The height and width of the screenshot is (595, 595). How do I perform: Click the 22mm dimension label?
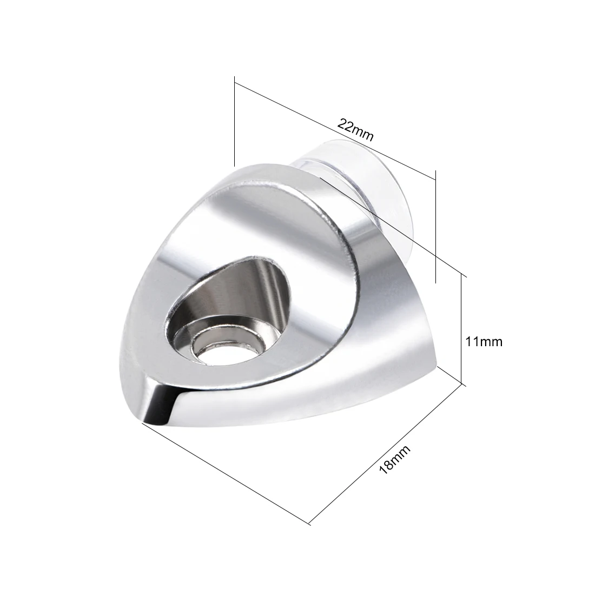(x=355, y=129)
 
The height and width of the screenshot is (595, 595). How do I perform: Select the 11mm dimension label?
(x=484, y=341)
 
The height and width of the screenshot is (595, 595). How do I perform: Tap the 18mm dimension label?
(x=395, y=459)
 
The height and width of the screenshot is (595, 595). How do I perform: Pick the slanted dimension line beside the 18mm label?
(x=387, y=454)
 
